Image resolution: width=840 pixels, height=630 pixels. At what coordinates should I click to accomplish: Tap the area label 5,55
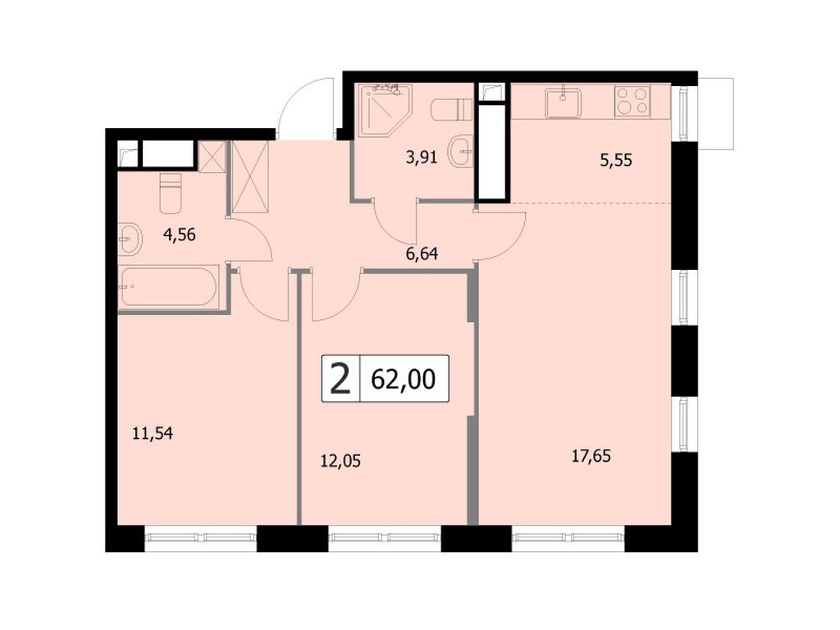point(616,162)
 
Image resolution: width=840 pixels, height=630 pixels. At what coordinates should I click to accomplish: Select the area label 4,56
point(180,235)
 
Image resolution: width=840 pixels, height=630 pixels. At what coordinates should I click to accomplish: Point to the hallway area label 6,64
point(422,253)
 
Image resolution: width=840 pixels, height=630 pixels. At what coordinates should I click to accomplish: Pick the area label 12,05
point(340,461)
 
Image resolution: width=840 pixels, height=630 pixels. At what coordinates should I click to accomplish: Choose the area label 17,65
point(591,454)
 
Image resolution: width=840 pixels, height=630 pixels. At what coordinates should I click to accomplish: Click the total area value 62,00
point(404,379)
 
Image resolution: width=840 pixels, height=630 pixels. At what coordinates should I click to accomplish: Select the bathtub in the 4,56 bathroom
point(168,288)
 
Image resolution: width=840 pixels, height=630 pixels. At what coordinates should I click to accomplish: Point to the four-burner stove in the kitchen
point(632,100)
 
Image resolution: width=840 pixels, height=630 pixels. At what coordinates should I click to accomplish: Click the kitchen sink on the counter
point(563,103)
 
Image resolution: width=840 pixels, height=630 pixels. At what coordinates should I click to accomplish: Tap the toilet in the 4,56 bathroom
point(171,194)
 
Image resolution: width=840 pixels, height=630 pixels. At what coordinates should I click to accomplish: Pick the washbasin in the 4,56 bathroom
point(130,240)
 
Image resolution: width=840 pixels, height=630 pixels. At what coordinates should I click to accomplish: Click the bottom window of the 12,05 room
point(386,538)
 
